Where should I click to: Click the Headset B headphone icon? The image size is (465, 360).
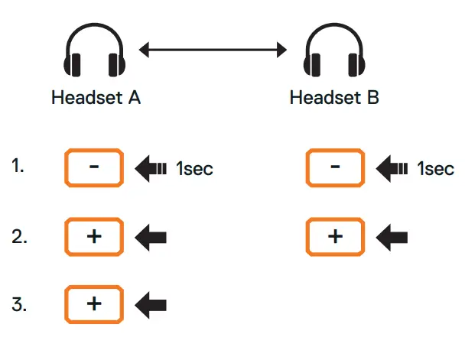(x=333, y=53)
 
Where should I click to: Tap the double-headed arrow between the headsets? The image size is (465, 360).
(x=213, y=51)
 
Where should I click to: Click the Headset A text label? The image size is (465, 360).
(x=96, y=99)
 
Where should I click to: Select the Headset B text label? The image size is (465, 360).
(x=334, y=99)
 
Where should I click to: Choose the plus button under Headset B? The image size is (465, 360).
(x=335, y=236)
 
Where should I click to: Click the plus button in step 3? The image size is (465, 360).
(x=94, y=304)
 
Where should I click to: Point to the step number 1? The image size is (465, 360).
(x=18, y=165)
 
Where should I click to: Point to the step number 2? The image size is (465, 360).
(x=20, y=236)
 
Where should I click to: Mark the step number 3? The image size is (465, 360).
(x=20, y=304)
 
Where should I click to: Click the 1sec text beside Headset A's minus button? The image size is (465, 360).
(x=194, y=169)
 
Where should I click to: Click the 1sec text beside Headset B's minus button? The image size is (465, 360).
(x=436, y=169)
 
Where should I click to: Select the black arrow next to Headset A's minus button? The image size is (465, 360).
(x=151, y=168)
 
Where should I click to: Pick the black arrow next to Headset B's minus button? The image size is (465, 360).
(x=392, y=168)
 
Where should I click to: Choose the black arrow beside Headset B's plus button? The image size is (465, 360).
(x=392, y=237)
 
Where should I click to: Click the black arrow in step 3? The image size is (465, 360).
(x=151, y=305)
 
